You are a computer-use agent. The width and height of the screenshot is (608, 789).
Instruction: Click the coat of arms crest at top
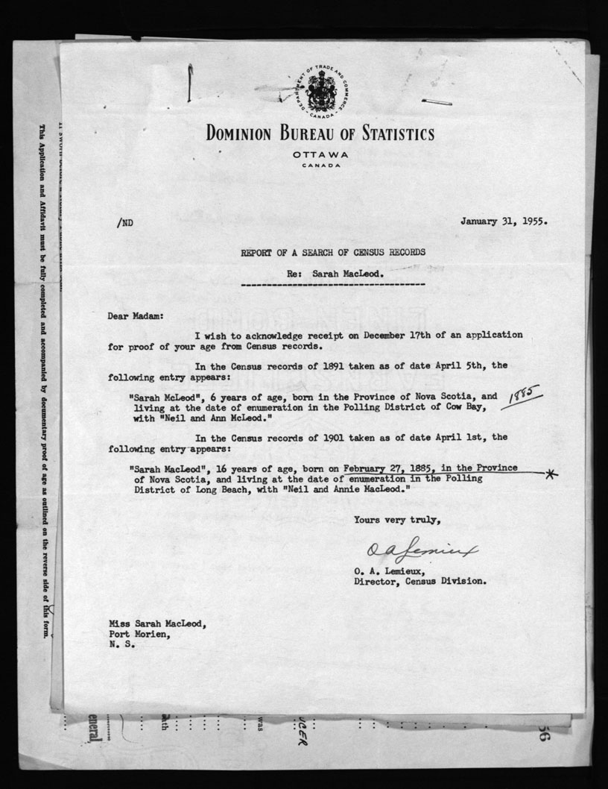(322, 92)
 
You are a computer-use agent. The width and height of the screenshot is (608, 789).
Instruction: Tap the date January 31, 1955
(504, 221)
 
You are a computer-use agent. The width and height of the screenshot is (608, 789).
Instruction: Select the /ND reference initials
(123, 222)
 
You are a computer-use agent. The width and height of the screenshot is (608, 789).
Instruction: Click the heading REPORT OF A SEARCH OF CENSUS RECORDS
(333, 252)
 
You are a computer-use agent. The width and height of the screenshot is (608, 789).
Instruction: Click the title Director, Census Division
(420, 579)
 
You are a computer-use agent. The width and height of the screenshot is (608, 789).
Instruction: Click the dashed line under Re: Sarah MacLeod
(333, 284)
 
